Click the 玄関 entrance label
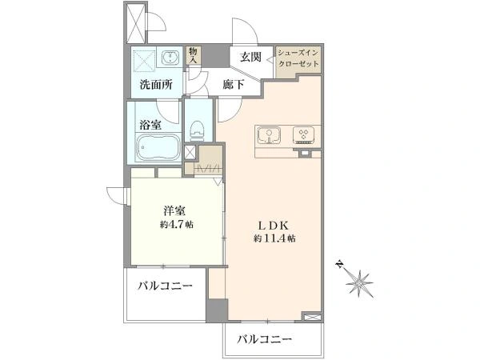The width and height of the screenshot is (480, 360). [x=250, y=58]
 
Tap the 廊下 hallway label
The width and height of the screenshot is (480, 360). [x=234, y=85]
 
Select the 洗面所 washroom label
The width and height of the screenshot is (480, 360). [x=156, y=85]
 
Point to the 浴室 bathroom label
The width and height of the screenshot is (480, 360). [x=150, y=125]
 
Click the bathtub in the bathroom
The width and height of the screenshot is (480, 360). [x=158, y=148]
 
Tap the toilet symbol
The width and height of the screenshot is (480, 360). [x=197, y=130]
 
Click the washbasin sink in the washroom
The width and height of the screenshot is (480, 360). [x=170, y=57]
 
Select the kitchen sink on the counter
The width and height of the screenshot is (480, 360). [x=269, y=135]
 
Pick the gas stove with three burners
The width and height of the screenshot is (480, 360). [x=304, y=135]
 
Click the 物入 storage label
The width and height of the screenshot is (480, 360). [x=193, y=55]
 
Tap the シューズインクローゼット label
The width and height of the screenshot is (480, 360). [x=298, y=58]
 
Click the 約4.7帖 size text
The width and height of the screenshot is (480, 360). [x=176, y=225]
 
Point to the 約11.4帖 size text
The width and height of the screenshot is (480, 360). [x=274, y=238]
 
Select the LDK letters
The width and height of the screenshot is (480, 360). [x=274, y=226]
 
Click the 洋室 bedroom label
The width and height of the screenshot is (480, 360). [x=174, y=211]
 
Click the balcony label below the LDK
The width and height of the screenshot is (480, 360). [x=265, y=339]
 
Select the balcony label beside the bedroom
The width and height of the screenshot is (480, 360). [x=165, y=286]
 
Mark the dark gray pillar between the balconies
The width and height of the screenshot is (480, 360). [x=217, y=310]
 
